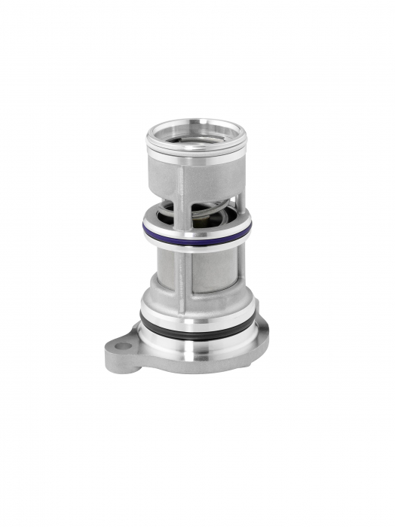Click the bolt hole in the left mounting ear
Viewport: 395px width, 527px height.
coord(122,346)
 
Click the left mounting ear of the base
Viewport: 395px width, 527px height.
coord(124,352)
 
